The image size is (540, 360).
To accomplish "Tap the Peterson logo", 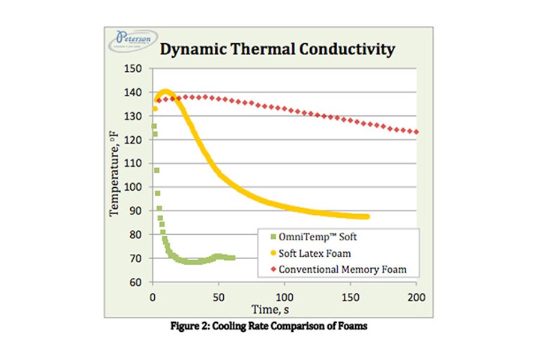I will click(x=133, y=41).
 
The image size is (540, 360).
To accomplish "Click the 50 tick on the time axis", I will click(x=218, y=297).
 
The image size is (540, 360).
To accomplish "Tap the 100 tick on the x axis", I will click(x=284, y=297).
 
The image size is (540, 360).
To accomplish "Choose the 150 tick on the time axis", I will click(x=350, y=297).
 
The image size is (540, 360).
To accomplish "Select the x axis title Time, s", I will click(x=283, y=310).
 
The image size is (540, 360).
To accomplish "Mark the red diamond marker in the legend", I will click(x=266, y=269).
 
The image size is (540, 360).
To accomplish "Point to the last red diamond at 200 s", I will click(x=416, y=132).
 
